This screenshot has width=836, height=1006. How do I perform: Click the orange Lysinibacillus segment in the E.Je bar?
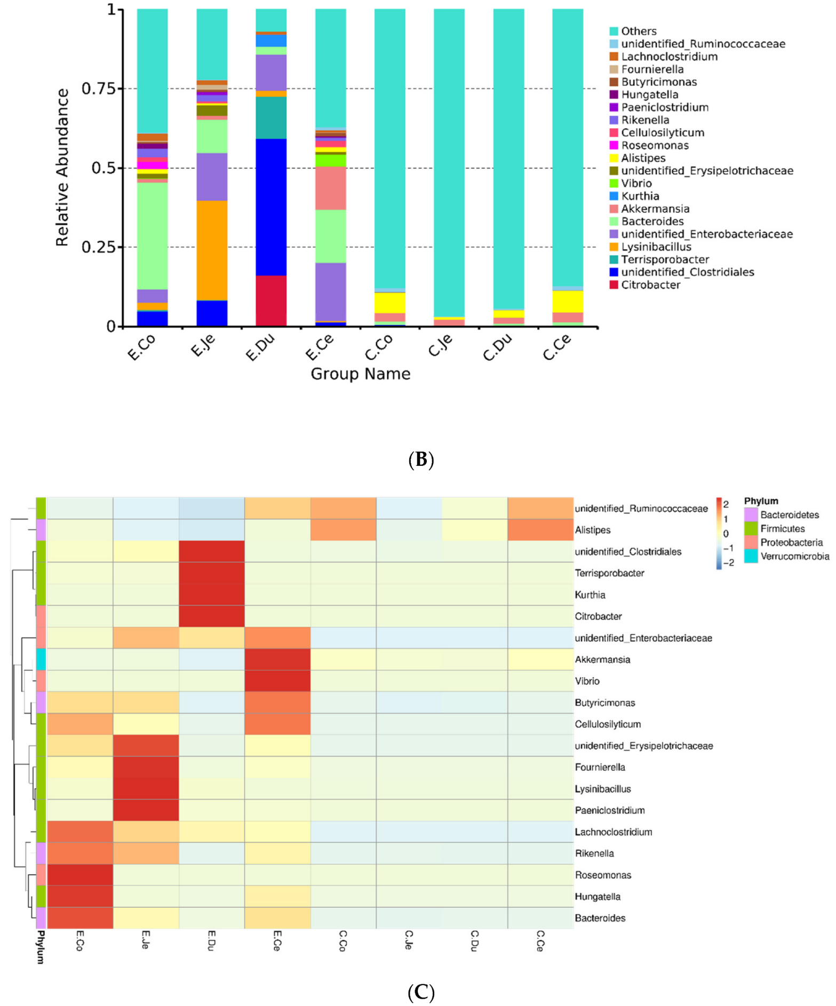[211, 250]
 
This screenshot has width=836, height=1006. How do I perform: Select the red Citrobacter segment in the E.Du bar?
[271, 300]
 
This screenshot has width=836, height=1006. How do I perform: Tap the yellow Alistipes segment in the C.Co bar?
[389, 303]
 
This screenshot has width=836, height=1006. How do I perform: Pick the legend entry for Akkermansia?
[655, 209]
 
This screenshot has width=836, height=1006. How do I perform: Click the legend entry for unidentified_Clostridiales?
[687, 272]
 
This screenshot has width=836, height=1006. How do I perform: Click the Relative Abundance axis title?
[62, 168]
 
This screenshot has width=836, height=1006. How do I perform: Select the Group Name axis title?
[361, 374]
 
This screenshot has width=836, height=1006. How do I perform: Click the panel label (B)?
[420, 459]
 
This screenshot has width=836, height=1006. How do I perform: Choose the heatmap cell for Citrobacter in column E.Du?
[211, 616]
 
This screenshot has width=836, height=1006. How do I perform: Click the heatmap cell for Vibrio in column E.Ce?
[277, 680]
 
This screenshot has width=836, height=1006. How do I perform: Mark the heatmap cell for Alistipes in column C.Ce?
[540, 530]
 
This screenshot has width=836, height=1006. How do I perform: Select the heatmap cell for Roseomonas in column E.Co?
[80, 875]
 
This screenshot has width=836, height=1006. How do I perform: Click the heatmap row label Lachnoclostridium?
[613, 831]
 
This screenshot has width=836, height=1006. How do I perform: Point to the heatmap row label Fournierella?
[600, 767]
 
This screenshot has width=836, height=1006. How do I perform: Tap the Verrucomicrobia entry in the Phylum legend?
[794, 556]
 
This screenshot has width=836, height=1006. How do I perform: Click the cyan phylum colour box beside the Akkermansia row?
[41, 659]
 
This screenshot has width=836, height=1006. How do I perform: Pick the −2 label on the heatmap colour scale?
[728, 563]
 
